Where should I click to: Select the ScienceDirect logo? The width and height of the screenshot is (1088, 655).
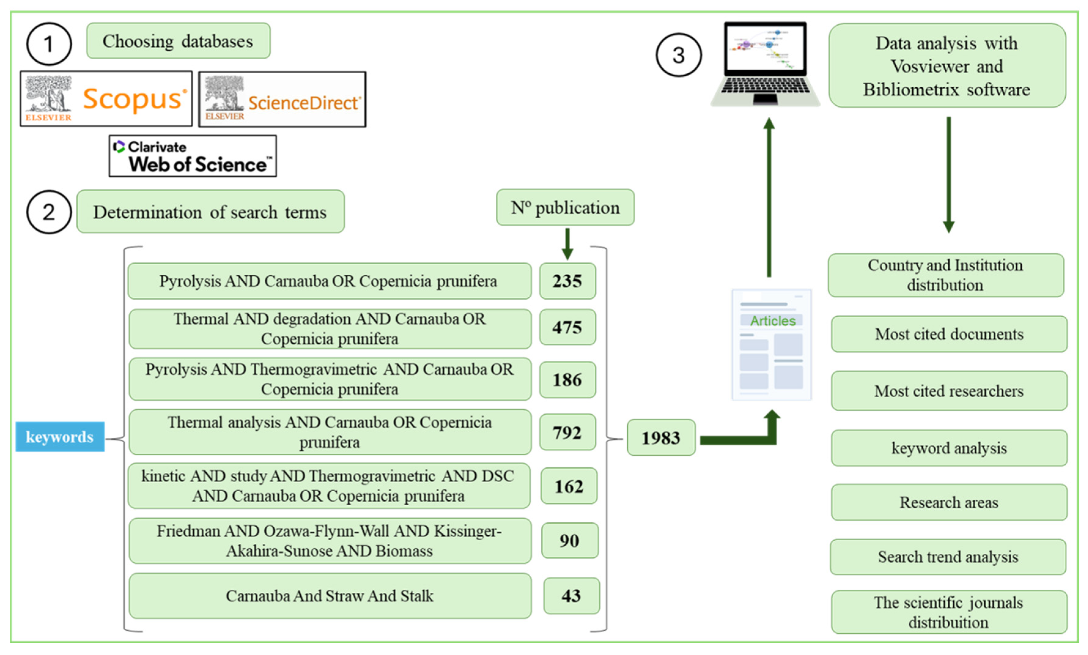pyautogui.click(x=282, y=99)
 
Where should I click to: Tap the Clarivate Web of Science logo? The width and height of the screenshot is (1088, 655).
pyautogui.click(x=193, y=156)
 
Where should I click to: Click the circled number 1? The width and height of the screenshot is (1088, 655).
pyautogui.click(x=49, y=44)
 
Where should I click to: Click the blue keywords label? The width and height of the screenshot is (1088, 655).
pyautogui.click(x=60, y=437)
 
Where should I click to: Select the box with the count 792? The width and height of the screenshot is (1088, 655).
pyautogui.click(x=568, y=432)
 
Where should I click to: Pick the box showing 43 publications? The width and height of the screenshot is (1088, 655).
pyautogui.click(x=572, y=596)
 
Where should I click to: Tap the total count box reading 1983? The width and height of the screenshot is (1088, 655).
pyautogui.click(x=661, y=437)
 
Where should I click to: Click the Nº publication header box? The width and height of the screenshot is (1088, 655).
pyautogui.click(x=565, y=207)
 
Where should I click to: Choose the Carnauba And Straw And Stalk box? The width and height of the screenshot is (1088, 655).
pyautogui.click(x=330, y=596)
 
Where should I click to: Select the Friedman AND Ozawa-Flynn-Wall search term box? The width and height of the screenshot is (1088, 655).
pyautogui.click(x=330, y=541)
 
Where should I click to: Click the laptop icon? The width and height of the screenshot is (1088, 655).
pyautogui.click(x=766, y=64)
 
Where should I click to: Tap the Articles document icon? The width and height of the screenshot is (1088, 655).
pyautogui.click(x=771, y=345)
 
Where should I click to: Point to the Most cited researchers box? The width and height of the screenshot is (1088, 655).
pyautogui.click(x=949, y=391)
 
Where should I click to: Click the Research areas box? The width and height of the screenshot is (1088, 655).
pyautogui.click(x=949, y=502)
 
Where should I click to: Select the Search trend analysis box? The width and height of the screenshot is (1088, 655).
pyautogui.click(x=948, y=557)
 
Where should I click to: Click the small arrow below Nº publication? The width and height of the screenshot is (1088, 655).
pyautogui.click(x=568, y=243)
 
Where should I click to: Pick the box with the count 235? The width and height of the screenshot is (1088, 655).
pyautogui.click(x=568, y=281)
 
